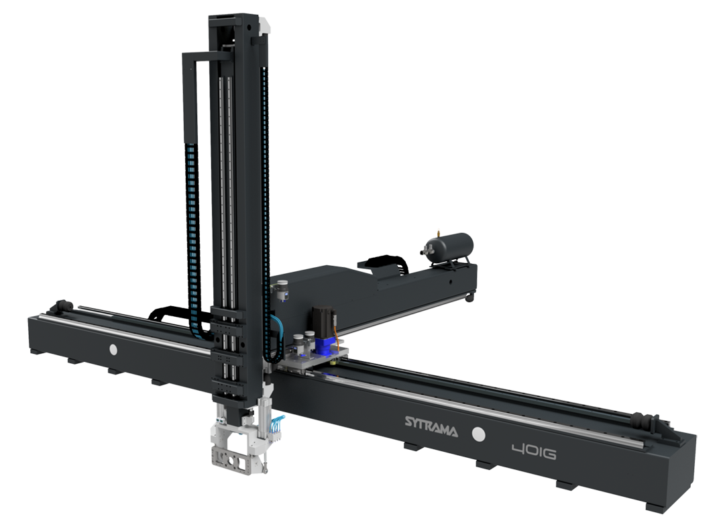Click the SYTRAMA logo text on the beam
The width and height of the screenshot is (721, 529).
click(x=431, y=426)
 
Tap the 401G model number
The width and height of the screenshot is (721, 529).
click(x=533, y=452)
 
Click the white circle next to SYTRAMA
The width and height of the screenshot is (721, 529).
click(x=479, y=434)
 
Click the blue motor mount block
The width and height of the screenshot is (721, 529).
click(x=325, y=345)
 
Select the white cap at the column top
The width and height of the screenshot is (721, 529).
click(x=264, y=24)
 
